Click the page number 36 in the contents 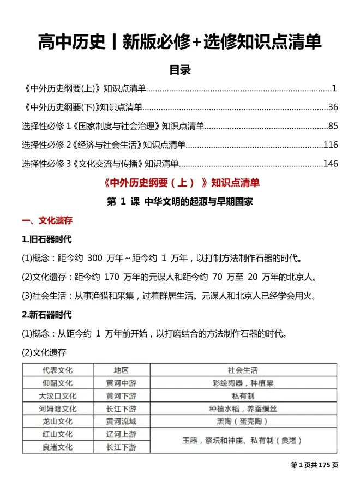coord(333,107)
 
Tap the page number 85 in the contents coord(333,126)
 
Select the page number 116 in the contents coord(331,145)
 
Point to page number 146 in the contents coord(331,164)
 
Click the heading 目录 coord(179,70)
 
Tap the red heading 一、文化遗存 coord(46,221)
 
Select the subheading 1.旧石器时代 coord(46,239)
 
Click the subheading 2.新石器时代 coord(46,315)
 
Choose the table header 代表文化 coord(57,370)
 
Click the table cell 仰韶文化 coord(57,383)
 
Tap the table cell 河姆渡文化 coord(57,409)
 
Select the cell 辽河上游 coord(121,434)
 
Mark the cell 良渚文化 coord(57,447)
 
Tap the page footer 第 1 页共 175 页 coord(315,465)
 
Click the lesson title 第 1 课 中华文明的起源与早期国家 coord(180,201)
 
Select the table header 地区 coord(121,370)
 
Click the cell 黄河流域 coord(121,422)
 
